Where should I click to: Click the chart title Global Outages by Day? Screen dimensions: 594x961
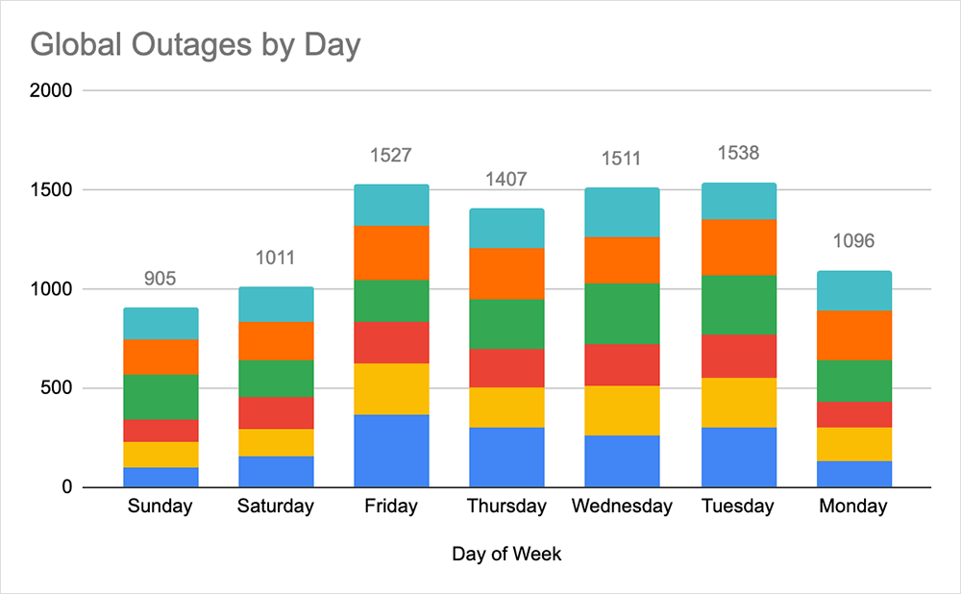(x=195, y=44)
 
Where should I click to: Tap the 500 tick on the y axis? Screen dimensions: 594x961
(x=57, y=388)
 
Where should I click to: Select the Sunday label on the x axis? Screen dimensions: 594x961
(x=160, y=507)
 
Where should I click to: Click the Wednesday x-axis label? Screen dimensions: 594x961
(x=623, y=507)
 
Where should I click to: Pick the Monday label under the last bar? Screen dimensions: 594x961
(x=853, y=507)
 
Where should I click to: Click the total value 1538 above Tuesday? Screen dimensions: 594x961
(x=738, y=153)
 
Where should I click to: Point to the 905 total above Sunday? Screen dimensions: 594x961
(x=160, y=279)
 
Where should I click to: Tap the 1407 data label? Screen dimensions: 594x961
(x=506, y=179)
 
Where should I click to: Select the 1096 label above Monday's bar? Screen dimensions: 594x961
(x=853, y=241)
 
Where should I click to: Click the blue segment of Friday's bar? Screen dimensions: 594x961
(x=391, y=451)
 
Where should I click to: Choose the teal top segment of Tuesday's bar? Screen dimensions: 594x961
(x=738, y=201)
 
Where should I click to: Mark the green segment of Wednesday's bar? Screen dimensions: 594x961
(x=623, y=313)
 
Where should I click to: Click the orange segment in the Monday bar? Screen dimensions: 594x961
(x=853, y=335)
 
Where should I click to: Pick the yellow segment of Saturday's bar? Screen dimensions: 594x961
(x=276, y=442)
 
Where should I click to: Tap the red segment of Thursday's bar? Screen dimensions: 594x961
(x=506, y=368)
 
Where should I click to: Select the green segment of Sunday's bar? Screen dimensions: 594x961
(x=160, y=396)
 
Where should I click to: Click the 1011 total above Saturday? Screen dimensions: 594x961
(x=276, y=258)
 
